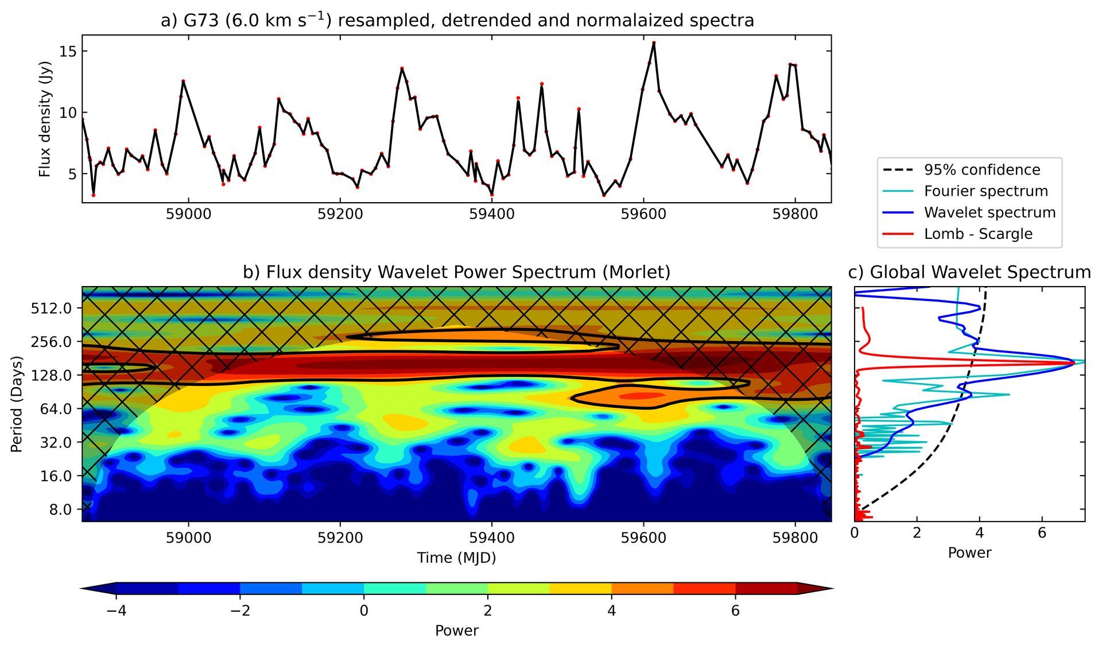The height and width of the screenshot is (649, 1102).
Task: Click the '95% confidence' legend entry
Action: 981,170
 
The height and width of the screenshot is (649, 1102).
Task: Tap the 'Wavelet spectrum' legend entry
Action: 990,213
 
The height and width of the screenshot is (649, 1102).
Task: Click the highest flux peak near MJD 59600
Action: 654,43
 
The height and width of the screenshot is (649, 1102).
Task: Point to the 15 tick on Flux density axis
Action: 68,51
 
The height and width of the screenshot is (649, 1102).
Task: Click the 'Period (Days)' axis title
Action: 17,404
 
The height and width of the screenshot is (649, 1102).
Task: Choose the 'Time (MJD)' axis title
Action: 456,558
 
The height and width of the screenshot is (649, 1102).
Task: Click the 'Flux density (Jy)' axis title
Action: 45,118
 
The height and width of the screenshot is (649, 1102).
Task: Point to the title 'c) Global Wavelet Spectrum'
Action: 969,272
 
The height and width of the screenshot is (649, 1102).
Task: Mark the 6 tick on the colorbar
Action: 735,611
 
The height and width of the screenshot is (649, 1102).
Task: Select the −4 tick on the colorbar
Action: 117,611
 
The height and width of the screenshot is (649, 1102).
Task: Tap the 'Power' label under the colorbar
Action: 456,631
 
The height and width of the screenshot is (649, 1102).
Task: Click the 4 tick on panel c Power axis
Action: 979,534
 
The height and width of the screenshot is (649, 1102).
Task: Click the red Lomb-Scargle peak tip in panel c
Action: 1074,363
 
